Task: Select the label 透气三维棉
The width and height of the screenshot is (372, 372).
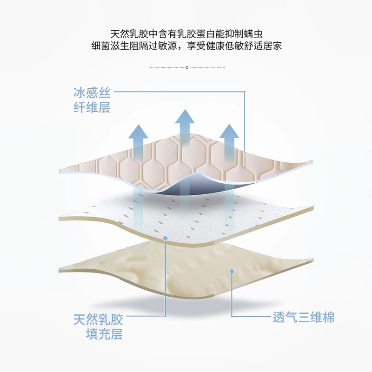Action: tap(303, 318)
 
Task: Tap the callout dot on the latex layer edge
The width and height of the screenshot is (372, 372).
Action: tap(166, 238)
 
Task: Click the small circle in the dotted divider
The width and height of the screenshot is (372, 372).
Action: tap(186, 68)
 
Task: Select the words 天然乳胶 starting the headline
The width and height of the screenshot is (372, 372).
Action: tap(126, 34)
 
